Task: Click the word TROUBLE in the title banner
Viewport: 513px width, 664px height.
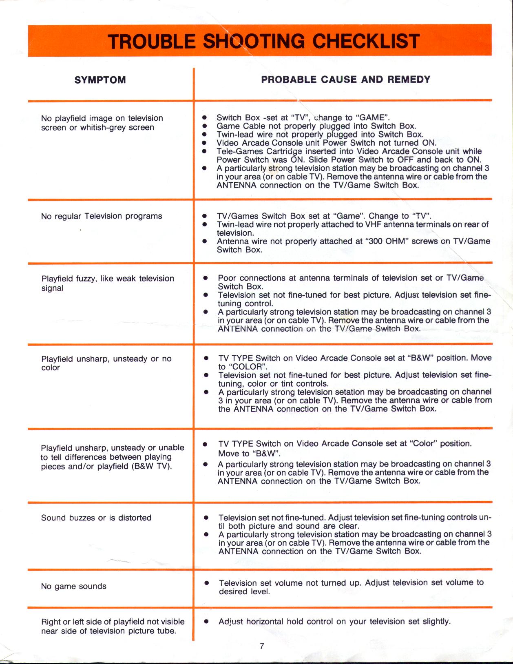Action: (x=152, y=42)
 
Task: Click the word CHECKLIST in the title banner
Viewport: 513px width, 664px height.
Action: (x=366, y=42)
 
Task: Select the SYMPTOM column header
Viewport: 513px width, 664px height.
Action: (x=100, y=80)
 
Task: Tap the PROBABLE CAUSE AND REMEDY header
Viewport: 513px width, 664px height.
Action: (x=345, y=80)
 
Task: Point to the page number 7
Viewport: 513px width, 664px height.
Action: (x=262, y=646)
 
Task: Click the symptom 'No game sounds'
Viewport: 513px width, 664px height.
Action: (x=73, y=587)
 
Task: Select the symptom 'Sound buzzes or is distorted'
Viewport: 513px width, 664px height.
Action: (x=96, y=518)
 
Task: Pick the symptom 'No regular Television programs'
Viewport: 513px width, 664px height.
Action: (x=102, y=216)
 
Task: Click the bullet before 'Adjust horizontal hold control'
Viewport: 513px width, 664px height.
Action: (x=207, y=622)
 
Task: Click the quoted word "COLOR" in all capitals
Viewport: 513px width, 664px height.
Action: (x=244, y=367)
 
